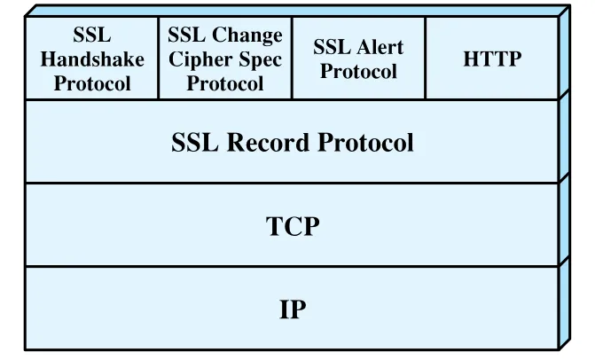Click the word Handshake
point(92,59)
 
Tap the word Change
point(247,36)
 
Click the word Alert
point(380,47)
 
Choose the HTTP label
point(492,59)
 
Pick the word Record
point(268,143)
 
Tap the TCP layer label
point(293,226)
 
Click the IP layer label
point(293,309)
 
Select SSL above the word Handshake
point(92,35)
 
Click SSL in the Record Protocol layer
point(195,143)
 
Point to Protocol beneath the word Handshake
point(92,83)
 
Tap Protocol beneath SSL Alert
point(358,71)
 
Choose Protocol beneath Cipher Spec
point(225,83)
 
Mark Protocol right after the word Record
point(365,143)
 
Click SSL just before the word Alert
point(332,47)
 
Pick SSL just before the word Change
point(187,35)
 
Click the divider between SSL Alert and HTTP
point(426,58)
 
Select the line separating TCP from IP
point(293,266)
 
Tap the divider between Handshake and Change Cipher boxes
point(158,58)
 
